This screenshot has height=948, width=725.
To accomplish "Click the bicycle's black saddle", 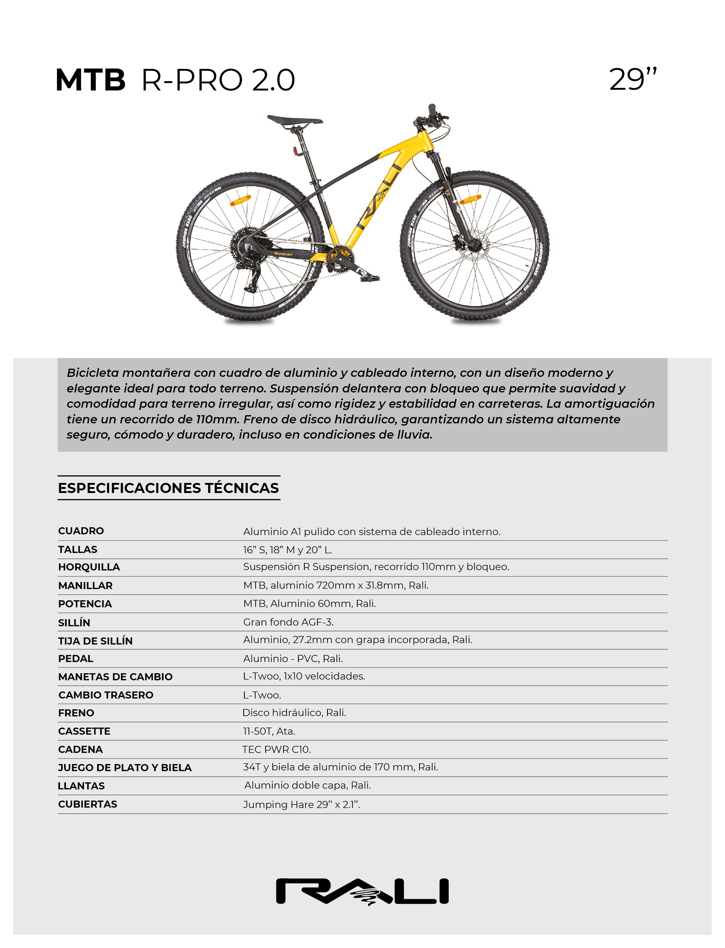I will (294, 120).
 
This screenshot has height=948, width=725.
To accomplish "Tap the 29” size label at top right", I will (633, 80).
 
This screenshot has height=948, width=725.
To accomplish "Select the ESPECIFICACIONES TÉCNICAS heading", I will (168, 488).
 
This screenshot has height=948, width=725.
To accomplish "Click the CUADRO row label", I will (81, 531).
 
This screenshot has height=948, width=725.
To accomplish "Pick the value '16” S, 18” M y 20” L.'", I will (287, 550).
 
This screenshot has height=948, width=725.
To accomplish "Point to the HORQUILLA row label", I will (89, 567).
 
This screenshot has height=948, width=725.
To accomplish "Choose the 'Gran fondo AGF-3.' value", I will (288, 622).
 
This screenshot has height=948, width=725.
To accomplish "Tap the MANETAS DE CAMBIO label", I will (115, 677).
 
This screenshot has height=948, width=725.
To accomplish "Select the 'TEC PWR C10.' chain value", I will (276, 749).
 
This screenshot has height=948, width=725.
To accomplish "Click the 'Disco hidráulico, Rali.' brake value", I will (294, 713).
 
